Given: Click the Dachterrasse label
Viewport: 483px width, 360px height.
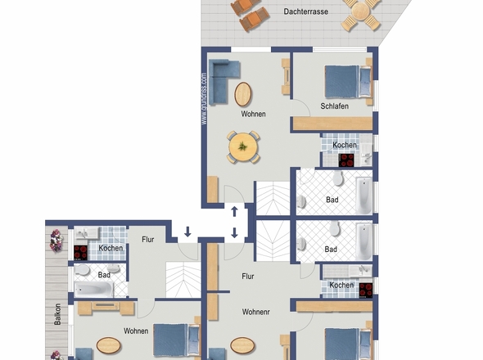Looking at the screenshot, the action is pos(305,11).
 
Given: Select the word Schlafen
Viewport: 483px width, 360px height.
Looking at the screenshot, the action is pos(334,106).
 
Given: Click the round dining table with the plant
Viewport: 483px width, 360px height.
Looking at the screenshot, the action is pos(243,147).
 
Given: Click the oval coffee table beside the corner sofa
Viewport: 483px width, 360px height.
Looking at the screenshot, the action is pos(243,94).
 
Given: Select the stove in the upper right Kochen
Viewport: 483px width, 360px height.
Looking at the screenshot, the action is pos(346,160).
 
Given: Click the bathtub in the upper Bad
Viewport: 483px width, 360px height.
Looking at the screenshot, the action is pos(364,196).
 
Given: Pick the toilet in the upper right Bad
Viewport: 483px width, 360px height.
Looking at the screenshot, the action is pos(338,178).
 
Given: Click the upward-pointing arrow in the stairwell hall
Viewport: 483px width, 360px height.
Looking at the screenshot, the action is pos(234,212).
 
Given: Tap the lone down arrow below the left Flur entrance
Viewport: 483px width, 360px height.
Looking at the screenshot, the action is pos(187,232).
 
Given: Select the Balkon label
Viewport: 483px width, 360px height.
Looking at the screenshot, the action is pos(57,314).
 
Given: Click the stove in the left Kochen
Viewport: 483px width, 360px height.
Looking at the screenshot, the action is pos(81,253).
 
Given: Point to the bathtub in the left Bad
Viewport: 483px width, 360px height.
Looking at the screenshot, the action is pos(94,290).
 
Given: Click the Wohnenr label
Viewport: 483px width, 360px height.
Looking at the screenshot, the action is pos(256,312).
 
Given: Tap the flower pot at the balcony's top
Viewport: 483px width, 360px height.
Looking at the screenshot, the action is pos(56,241).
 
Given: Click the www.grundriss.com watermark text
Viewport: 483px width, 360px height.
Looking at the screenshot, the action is pos(204,98).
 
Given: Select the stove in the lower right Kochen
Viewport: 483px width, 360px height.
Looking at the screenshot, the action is pos(366,290).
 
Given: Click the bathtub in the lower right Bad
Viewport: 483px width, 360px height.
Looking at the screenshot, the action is pos(364,241).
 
